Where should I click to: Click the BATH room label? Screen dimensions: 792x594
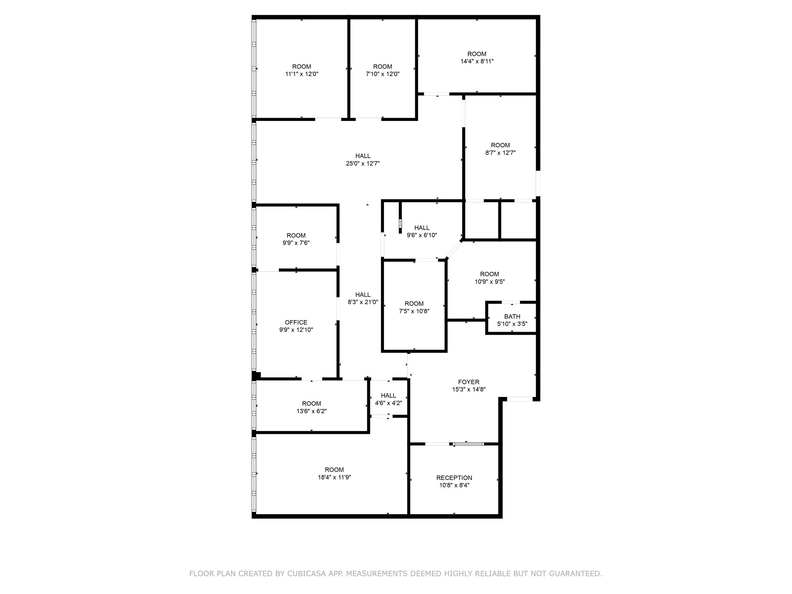click(x=512, y=317)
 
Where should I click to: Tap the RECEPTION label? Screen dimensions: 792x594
click(x=454, y=478)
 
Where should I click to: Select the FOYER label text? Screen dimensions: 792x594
click(x=468, y=382)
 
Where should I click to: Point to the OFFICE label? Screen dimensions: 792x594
click(x=296, y=322)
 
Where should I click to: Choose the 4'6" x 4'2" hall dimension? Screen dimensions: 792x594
click(x=388, y=403)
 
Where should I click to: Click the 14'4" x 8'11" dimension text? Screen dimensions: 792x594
click(x=477, y=61)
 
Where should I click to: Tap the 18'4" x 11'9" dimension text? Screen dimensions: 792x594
click(x=334, y=477)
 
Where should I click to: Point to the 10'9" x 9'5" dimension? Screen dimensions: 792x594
click(x=489, y=282)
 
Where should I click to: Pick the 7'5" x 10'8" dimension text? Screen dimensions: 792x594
click(x=414, y=311)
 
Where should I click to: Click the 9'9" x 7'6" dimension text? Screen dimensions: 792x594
click(x=296, y=243)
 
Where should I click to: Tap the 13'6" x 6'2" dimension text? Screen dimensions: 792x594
click(x=312, y=411)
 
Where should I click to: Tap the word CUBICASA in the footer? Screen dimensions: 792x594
click(x=306, y=574)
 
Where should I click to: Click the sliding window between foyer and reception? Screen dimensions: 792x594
click(x=468, y=444)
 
